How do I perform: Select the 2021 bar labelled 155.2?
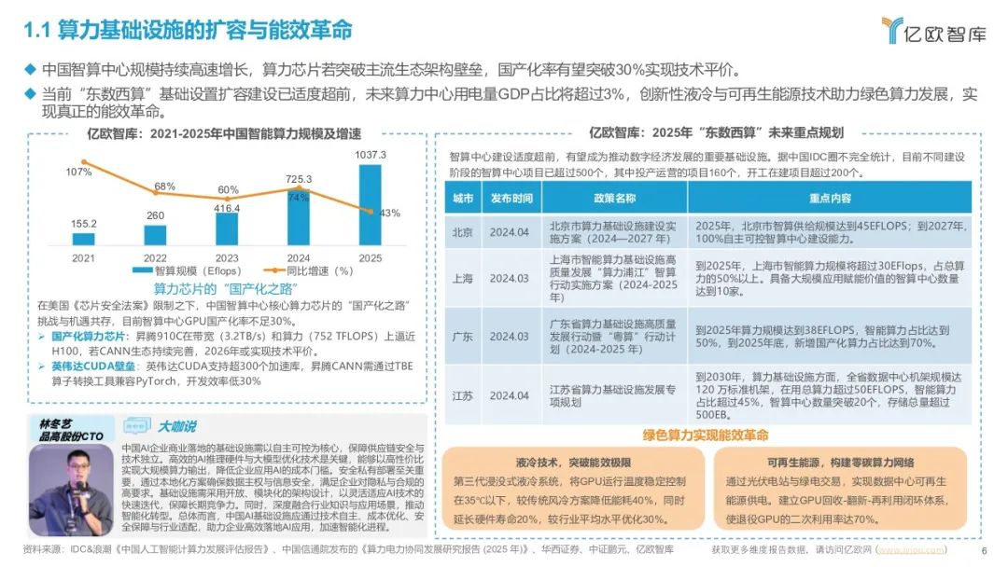click(x=83, y=239)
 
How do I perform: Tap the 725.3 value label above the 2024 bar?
click(x=298, y=178)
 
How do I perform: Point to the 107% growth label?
click(x=79, y=172)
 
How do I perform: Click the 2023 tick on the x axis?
click(x=226, y=256)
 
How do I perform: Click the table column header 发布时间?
click(x=511, y=199)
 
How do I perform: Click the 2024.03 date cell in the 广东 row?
click(x=510, y=336)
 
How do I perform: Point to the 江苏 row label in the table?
click(x=462, y=395)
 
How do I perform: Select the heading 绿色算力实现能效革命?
click(x=707, y=436)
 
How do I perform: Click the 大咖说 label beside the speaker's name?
click(x=176, y=426)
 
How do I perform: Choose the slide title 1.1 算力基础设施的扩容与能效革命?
click(x=188, y=30)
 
